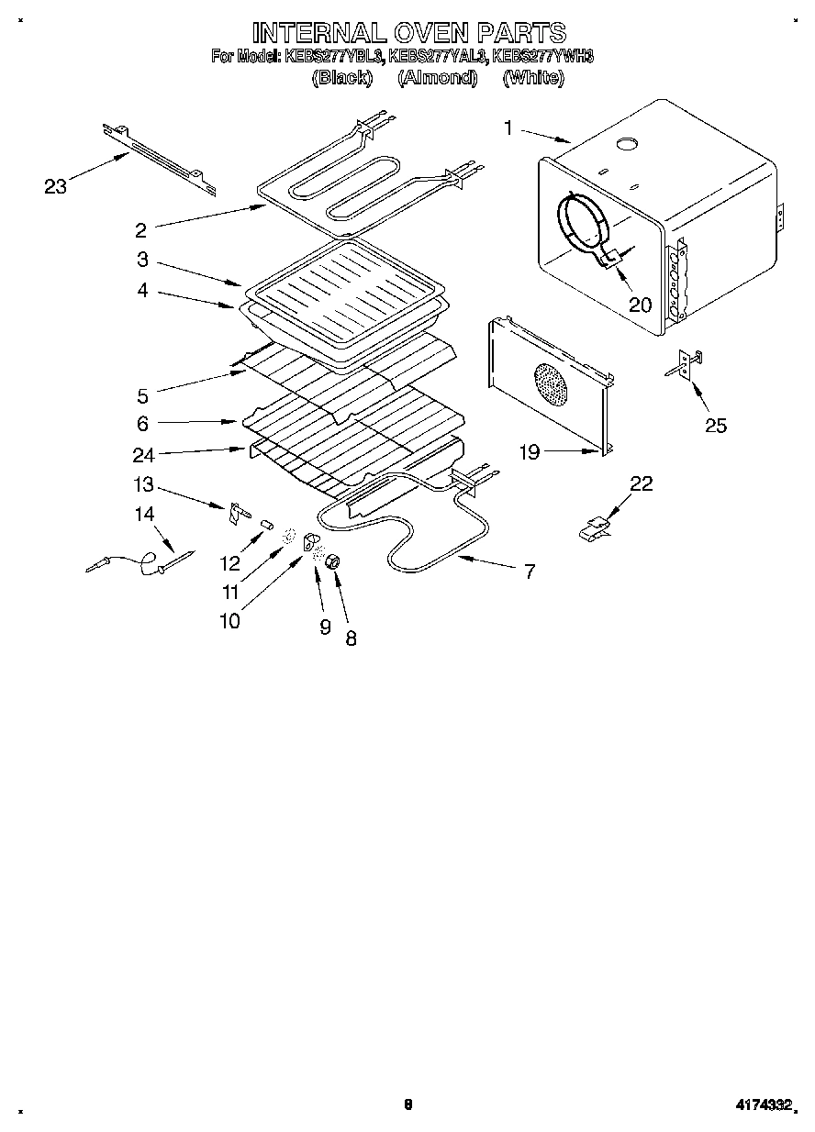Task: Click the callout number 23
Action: point(56,187)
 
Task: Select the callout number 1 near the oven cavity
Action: point(508,128)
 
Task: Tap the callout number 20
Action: point(640,305)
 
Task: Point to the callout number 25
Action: point(715,425)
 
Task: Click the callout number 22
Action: point(641,483)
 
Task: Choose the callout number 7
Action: point(530,571)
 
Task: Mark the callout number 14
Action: point(145,515)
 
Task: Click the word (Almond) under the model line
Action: point(438,78)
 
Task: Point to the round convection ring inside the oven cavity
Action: point(580,222)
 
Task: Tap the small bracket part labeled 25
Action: point(685,365)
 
